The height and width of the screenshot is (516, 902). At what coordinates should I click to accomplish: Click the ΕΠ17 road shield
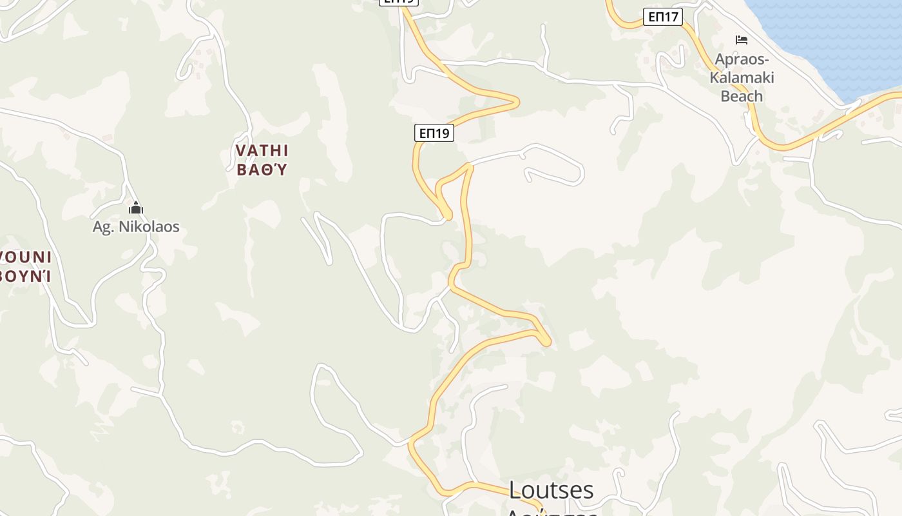(663, 17)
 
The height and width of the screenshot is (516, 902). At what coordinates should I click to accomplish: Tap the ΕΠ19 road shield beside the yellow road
(434, 133)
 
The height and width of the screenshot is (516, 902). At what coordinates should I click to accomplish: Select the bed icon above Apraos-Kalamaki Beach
(742, 40)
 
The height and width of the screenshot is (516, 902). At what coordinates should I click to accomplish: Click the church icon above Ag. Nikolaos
(136, 208)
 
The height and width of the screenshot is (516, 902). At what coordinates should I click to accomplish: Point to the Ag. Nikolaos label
(136, 227)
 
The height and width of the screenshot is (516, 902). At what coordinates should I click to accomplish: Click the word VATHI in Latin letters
(262, 151)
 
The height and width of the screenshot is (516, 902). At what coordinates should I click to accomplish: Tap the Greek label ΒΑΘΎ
(262, 170)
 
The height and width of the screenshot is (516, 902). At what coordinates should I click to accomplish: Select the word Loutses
(551, 490)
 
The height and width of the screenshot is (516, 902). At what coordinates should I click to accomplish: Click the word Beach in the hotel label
(742, 96)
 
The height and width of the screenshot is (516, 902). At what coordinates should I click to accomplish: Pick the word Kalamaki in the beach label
(742, 78)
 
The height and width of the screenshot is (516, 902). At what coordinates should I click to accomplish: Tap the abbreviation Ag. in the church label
(104, 227)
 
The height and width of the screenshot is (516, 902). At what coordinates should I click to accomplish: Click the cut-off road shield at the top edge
(399, 2)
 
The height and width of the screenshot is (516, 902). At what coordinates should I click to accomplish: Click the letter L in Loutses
(515, 490)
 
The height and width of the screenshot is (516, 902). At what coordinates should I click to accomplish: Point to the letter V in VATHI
(241, 151)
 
